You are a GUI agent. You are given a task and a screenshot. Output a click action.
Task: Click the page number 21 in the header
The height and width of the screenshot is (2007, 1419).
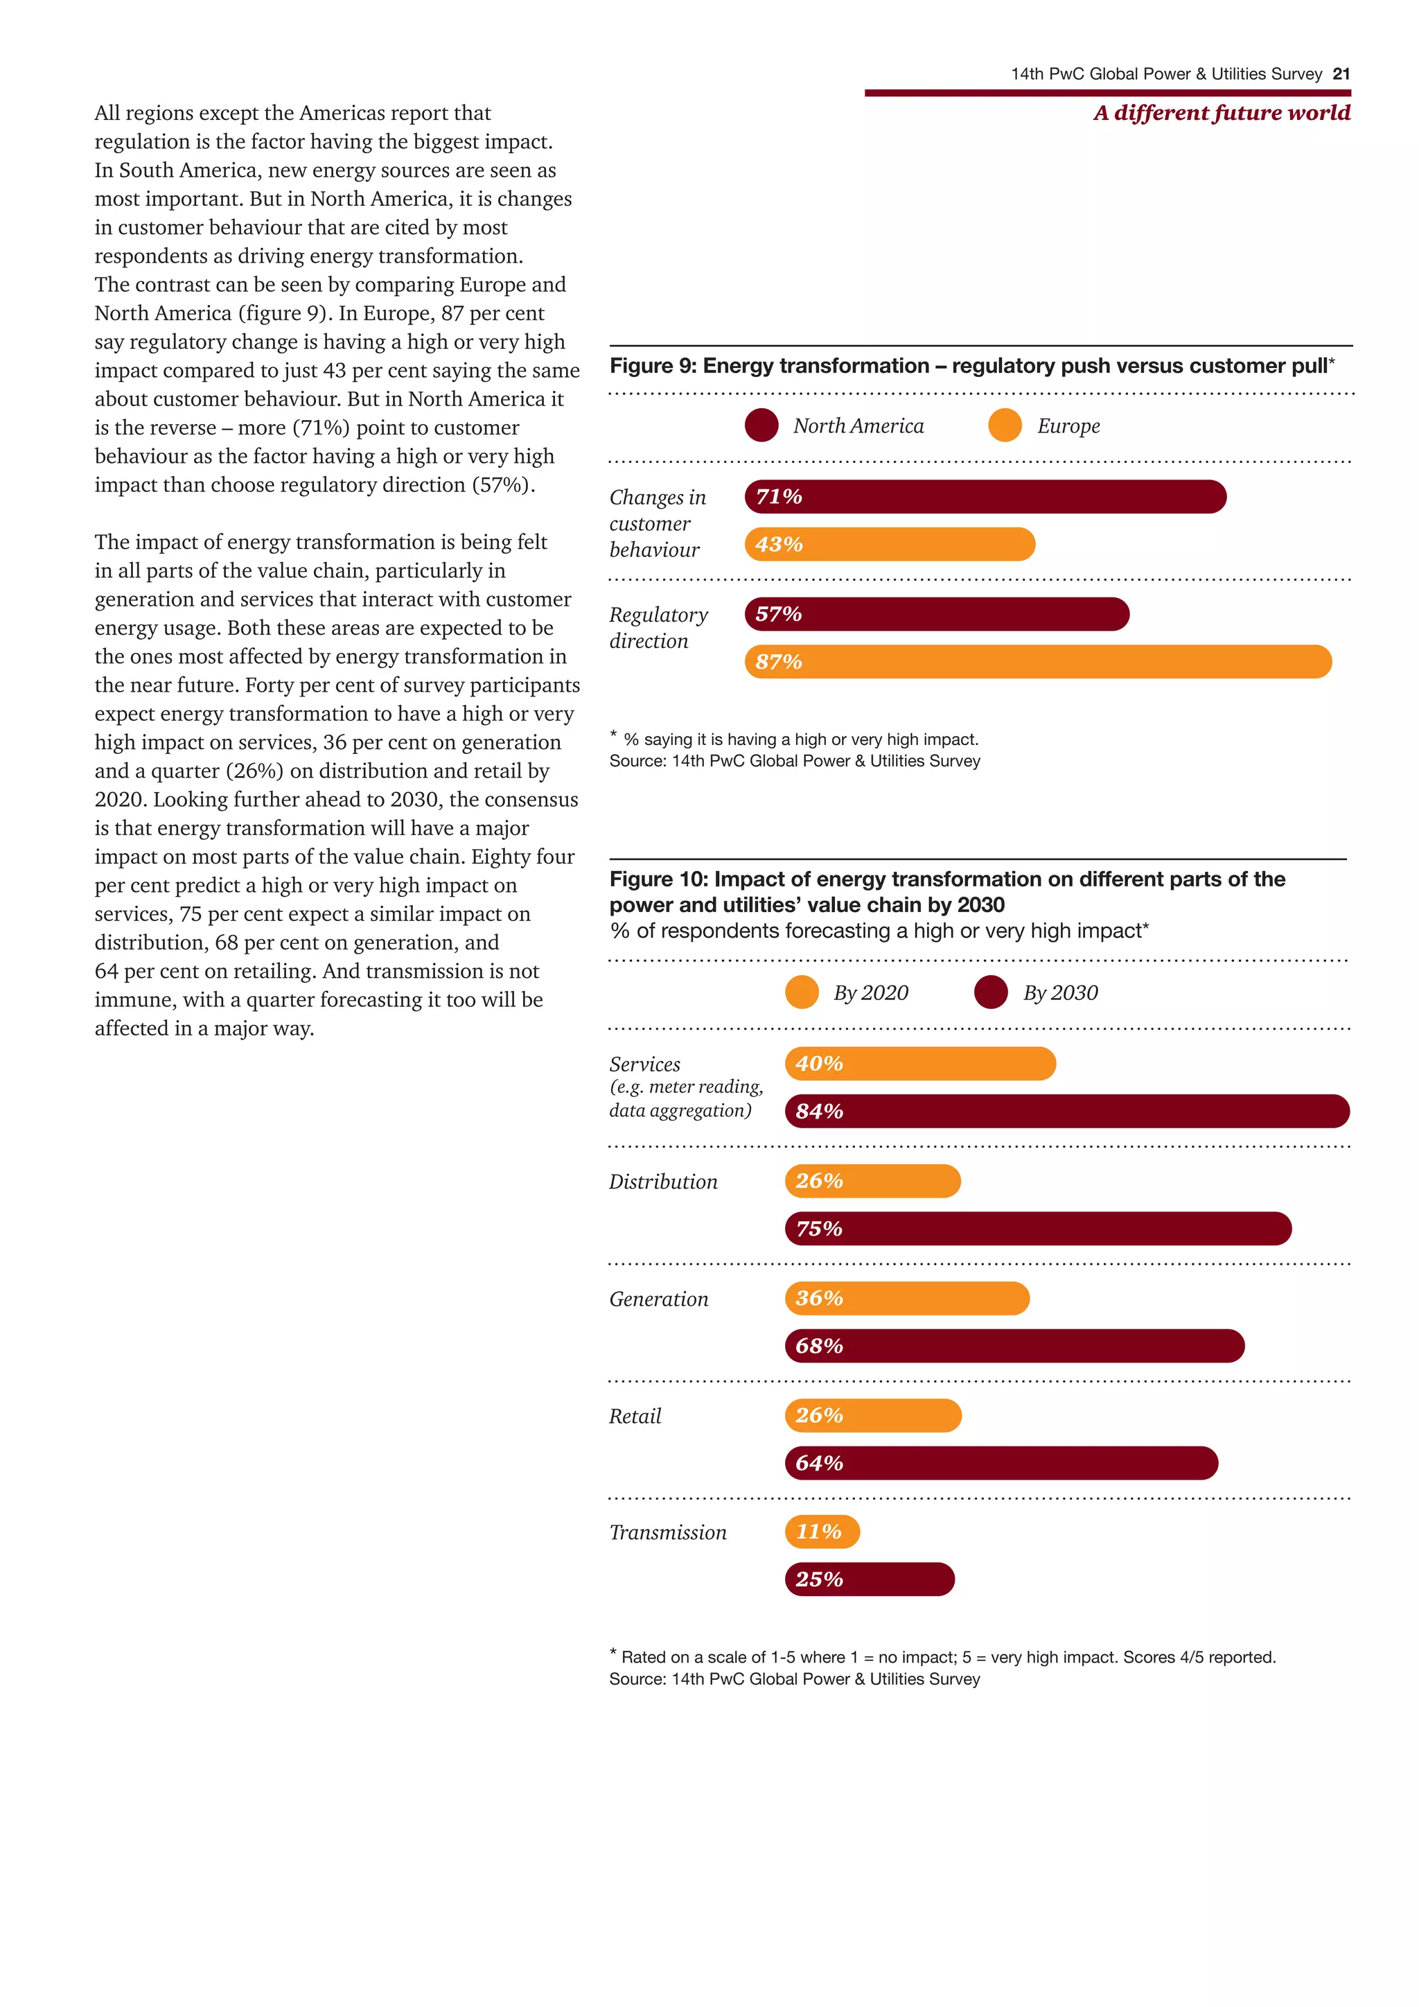click(x=1341, y=74)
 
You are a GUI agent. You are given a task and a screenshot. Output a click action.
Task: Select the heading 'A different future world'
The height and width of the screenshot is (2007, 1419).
click(x=1222, y=113)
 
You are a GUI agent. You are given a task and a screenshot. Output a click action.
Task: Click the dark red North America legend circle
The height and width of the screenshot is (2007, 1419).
click(x=761, y=426)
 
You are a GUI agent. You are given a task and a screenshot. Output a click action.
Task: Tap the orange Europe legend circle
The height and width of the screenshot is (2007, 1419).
click(x=1005, y=426)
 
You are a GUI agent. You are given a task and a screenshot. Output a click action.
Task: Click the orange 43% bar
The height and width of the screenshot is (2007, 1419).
click(x=890, y=544)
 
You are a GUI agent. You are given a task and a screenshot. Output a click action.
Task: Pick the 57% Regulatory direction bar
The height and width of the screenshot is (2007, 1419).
click(x=937, y=613)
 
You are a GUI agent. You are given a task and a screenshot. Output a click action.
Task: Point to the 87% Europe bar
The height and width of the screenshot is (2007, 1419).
click(x=1038, y=662)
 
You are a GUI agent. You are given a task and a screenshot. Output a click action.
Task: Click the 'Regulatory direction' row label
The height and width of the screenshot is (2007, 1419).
click(x=658, y=628)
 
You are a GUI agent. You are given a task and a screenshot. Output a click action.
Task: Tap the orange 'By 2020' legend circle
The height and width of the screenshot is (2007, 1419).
click(x=801, y=992)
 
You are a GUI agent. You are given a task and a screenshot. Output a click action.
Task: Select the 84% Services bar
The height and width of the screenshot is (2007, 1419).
click(x=1067, y=1111)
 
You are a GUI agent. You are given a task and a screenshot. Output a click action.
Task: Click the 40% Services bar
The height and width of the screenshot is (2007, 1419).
click(x=920, y=1064)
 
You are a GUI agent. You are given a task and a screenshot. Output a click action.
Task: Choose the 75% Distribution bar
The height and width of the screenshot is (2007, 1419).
click(x=1038, y=1228)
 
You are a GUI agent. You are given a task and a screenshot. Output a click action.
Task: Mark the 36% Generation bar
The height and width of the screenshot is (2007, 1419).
click(x=907, y=1298)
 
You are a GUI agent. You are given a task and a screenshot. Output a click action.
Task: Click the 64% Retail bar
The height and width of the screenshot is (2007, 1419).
click(x=1001, y=1462)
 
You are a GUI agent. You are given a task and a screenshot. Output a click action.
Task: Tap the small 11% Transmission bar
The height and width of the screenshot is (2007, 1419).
click(x=822, y=1532)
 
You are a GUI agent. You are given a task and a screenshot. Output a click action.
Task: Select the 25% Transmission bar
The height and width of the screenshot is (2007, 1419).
click(x=870, y=1579)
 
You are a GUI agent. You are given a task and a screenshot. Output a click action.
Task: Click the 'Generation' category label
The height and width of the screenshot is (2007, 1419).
click(x=659, y=1299)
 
